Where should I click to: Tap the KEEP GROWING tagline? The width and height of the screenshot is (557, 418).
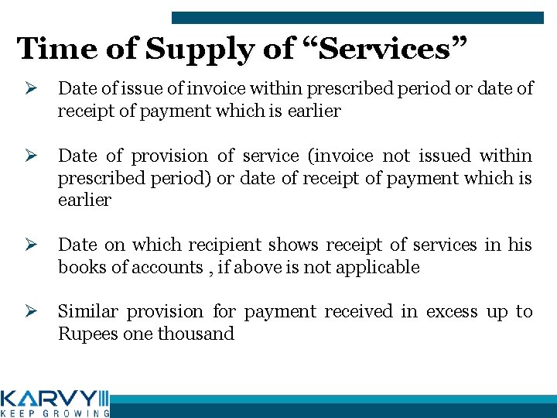click(54, 413)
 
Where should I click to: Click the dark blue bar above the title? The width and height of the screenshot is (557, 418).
click(357, 17)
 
